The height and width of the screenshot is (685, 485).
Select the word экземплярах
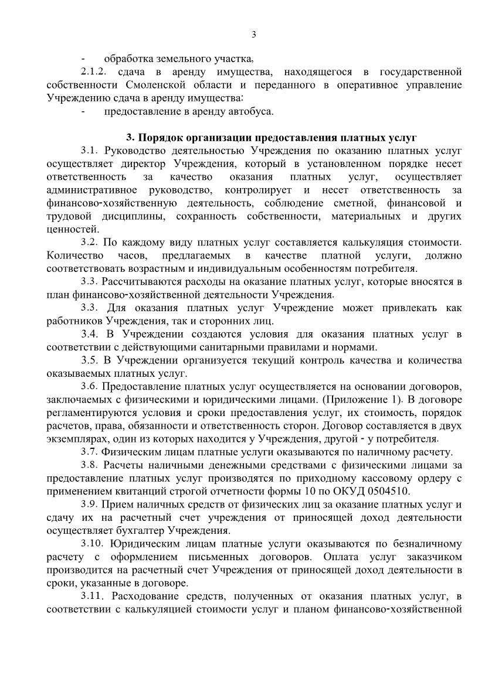(x=74, y=438)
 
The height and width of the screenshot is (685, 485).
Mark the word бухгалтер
(x=136, y=530)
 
